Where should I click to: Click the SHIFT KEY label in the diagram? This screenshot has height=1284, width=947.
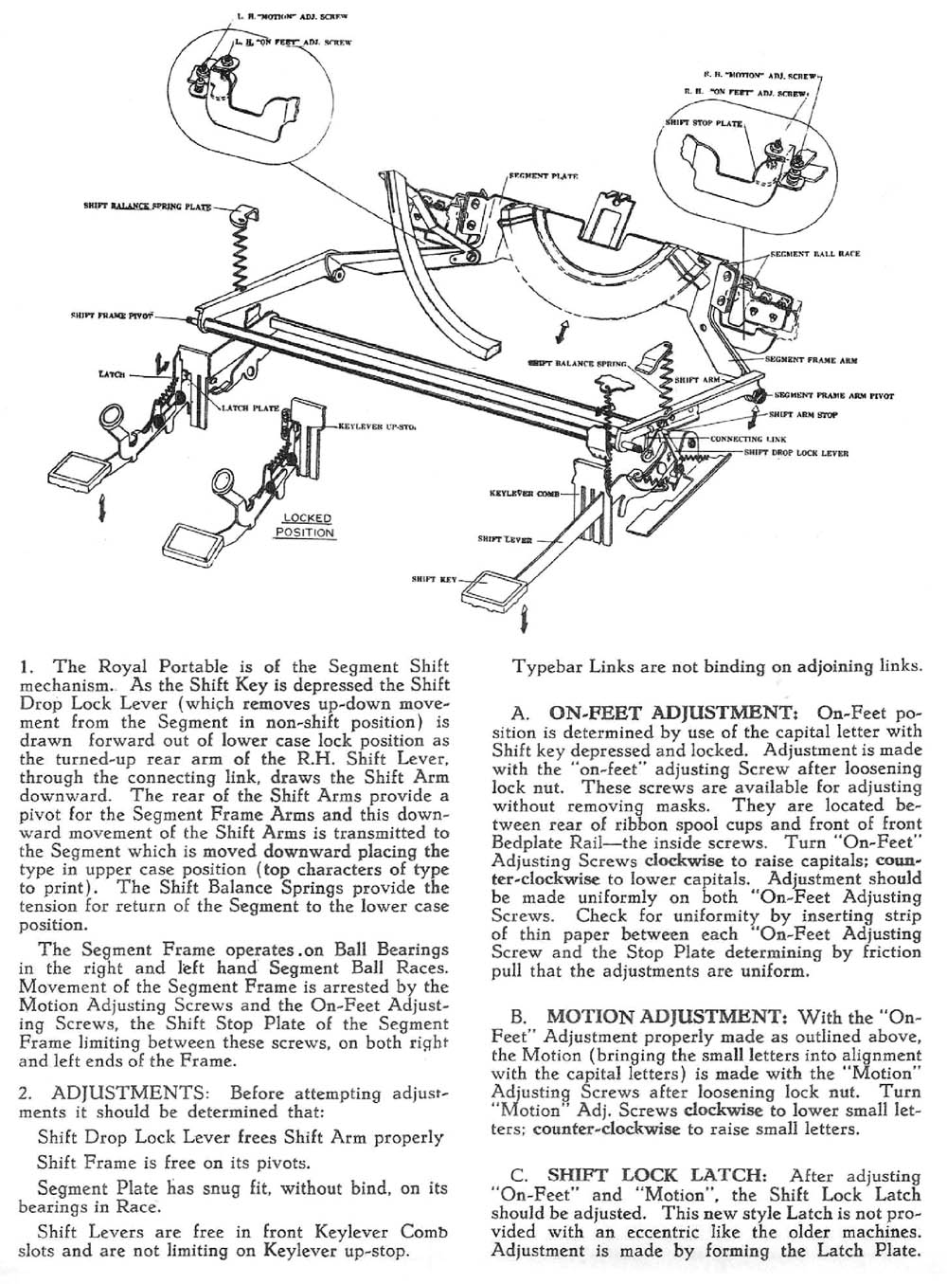(434, 577)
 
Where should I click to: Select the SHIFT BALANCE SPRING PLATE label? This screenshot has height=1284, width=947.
(147, 206)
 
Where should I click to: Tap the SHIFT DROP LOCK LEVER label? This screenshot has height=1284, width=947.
(796, 453)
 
